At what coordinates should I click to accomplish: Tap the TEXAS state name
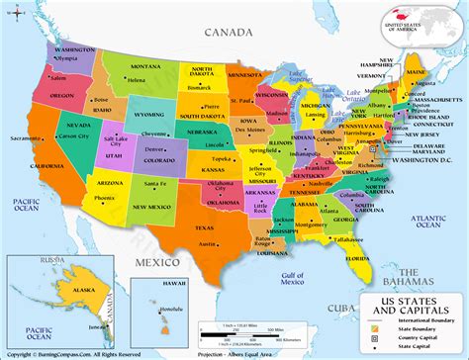tap(205, 228)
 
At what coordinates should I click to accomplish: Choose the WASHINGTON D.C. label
tap(425, 159)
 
